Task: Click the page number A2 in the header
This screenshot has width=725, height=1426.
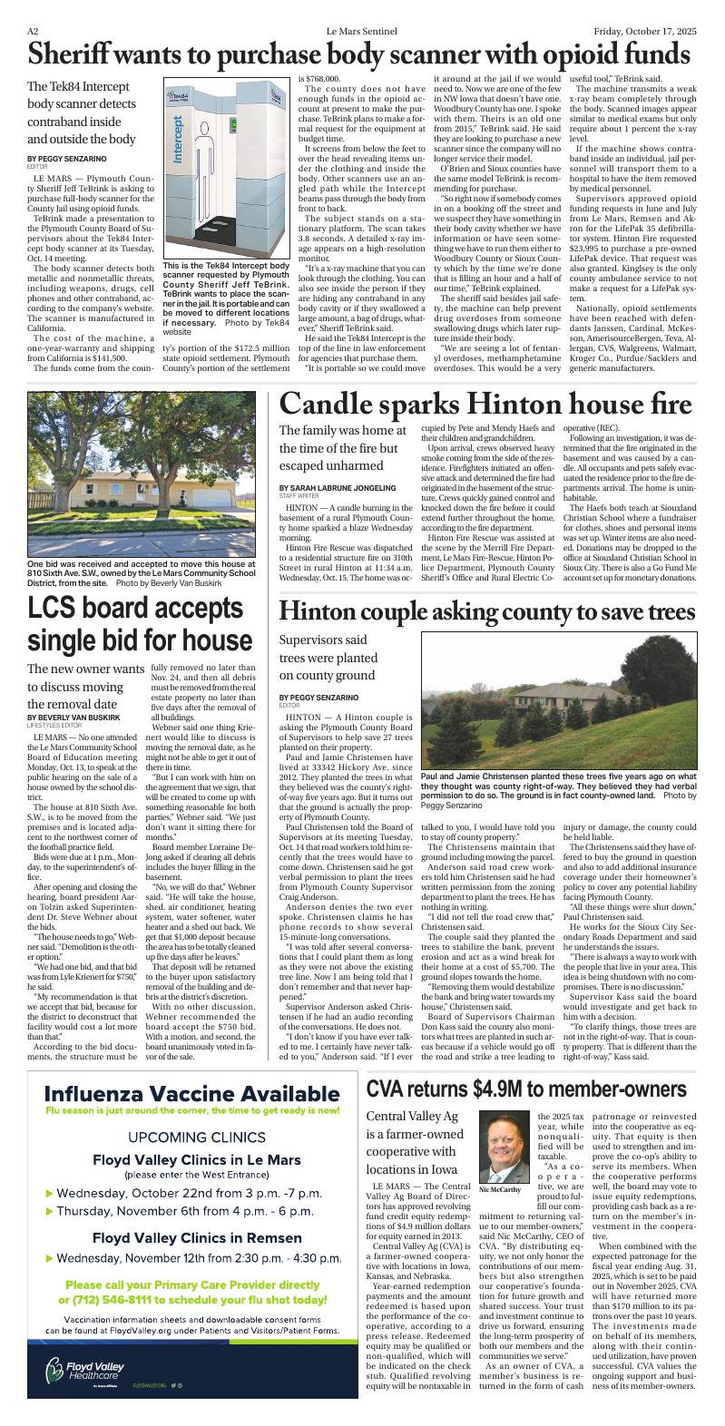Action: [x=32, y=30]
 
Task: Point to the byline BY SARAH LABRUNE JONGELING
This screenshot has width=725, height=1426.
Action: [x=338, y=487]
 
